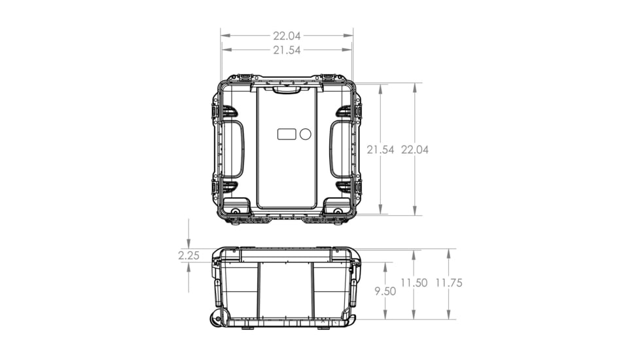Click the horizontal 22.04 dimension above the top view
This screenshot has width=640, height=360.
287,36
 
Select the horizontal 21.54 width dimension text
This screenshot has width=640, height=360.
287,50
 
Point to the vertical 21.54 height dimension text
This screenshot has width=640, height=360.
380,150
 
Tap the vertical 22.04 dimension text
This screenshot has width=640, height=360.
415,150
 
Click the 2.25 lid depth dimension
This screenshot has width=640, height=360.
188,256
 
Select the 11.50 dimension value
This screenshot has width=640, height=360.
414,283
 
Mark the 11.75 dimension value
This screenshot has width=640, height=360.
448,283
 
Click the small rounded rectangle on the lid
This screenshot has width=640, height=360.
287,134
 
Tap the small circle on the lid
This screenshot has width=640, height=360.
305,134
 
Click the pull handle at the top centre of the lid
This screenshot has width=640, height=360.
287,90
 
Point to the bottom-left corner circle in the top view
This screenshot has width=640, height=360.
236,211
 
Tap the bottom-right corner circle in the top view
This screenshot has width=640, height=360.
338,211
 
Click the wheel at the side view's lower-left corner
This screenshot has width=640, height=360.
217,319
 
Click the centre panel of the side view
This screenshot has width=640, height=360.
286,288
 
